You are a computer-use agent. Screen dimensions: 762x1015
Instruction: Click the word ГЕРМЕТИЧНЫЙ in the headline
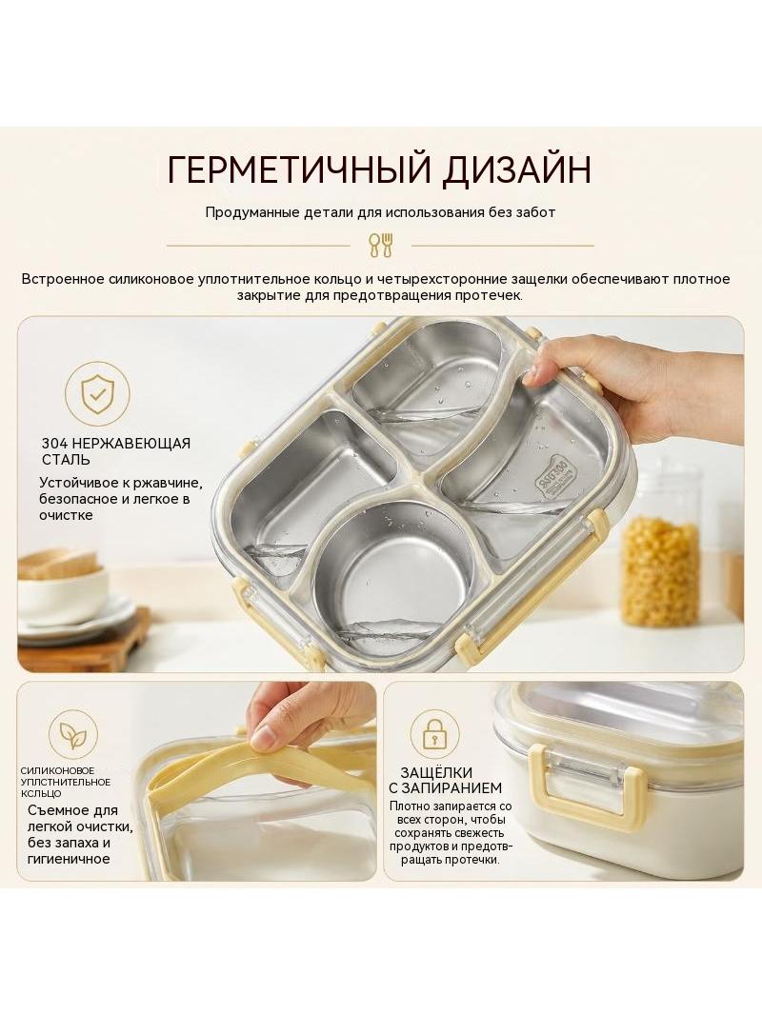297,169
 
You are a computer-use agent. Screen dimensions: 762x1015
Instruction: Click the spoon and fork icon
381,245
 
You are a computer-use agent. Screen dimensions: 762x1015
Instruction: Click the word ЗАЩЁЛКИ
436,772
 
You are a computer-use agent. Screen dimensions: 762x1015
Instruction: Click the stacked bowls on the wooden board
62,585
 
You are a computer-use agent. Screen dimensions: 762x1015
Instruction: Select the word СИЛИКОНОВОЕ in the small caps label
57,770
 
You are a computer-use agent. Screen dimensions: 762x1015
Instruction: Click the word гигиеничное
70,860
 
